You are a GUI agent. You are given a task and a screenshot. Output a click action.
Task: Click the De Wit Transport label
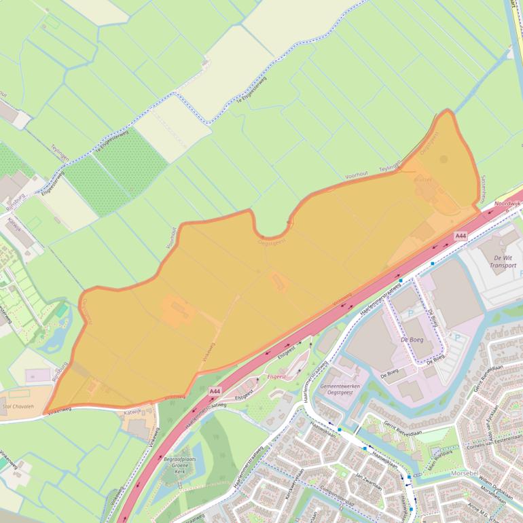tap(503, 261)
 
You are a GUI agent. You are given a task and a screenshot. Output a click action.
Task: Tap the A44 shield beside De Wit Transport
tap(461, 236)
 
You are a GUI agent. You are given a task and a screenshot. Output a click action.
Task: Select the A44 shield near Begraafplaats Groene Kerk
tap(215, 391)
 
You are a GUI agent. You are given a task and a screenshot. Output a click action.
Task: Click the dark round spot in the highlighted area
tap(444, 160)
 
